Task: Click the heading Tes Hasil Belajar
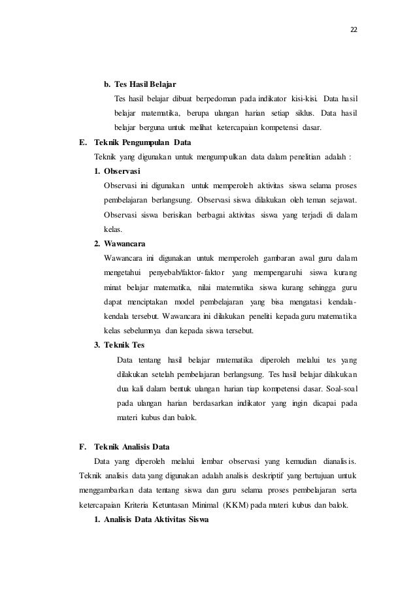145,84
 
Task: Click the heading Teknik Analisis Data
131,448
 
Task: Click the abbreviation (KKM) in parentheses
250,505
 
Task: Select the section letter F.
82,448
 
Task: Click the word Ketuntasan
179,505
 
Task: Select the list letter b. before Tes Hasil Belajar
107,84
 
